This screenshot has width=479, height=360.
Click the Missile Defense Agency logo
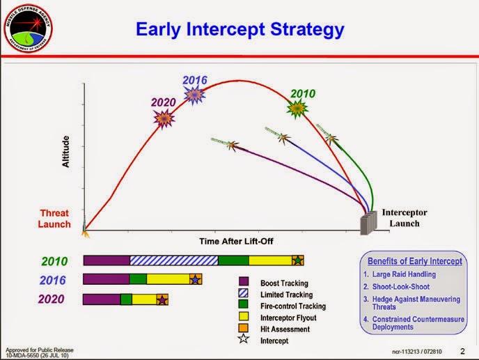click(x=29, y=29)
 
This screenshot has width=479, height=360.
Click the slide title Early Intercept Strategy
click(x=239, y=29)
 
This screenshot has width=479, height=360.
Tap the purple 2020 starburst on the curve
click(x=164, y=119)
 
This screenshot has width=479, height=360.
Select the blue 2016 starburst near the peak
click(x=196, y=94)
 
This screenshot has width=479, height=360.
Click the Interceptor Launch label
click(x=404, y=218)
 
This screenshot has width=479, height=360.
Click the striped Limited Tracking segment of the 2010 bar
click(x=174, y=260)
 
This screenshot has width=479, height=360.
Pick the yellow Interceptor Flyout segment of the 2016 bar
click(x=168, y=279)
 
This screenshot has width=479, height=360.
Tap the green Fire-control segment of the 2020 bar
click(x=126, y=299)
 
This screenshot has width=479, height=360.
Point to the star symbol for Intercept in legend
click(x=244, y=341)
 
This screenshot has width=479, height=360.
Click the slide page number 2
click(x=462, y=350)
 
